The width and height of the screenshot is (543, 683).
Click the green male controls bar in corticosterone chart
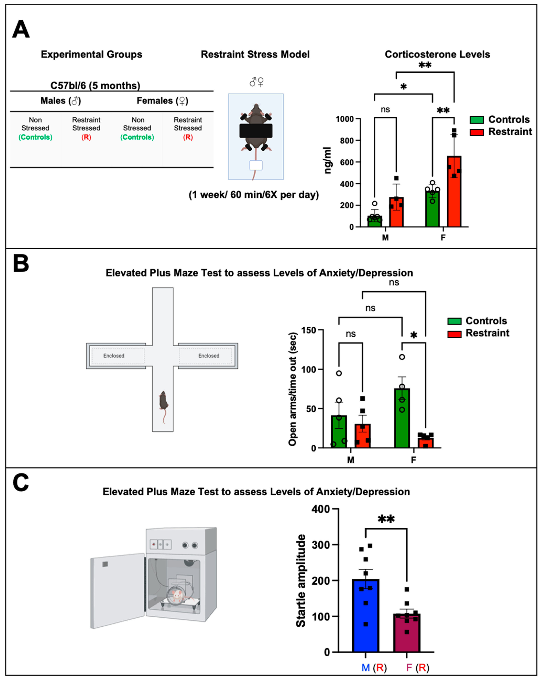pos(375,221)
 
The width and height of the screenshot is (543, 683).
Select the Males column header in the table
pos(61,101)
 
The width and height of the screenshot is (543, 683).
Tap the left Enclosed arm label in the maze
pos(114,356)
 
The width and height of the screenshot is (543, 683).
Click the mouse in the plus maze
pos(163,401)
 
